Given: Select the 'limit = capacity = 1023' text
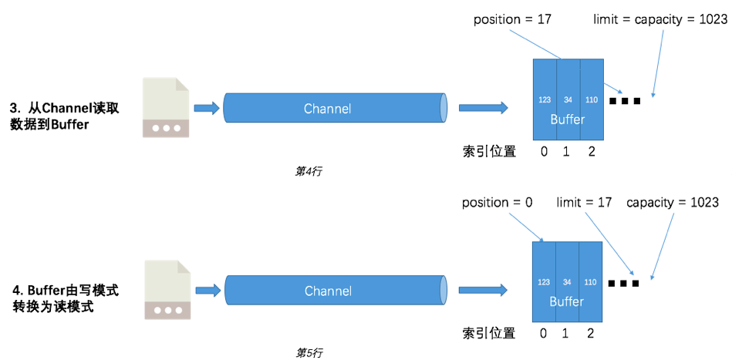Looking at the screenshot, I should [x=660, y=19].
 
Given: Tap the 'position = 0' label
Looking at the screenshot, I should [x=498, y=202].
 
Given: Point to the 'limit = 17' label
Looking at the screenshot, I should [x=584, y=202].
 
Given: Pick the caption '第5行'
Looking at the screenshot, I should [x=309, y=352].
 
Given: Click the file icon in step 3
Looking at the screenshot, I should [x=165, y=108].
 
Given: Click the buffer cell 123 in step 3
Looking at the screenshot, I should [x=545, y=99].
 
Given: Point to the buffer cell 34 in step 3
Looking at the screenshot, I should [x=568, y=99].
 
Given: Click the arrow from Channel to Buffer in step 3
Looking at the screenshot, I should [x=483, y=109].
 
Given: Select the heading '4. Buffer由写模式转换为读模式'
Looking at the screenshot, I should [x=66, y=298].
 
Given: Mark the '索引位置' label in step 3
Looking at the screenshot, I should [x=489, y=151].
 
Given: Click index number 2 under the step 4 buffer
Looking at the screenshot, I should [x=592, y=333].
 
